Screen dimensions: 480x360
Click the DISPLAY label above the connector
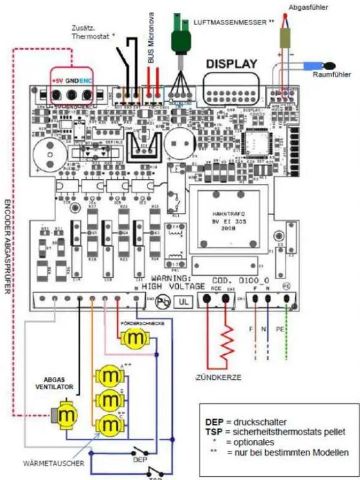(232, 64)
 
